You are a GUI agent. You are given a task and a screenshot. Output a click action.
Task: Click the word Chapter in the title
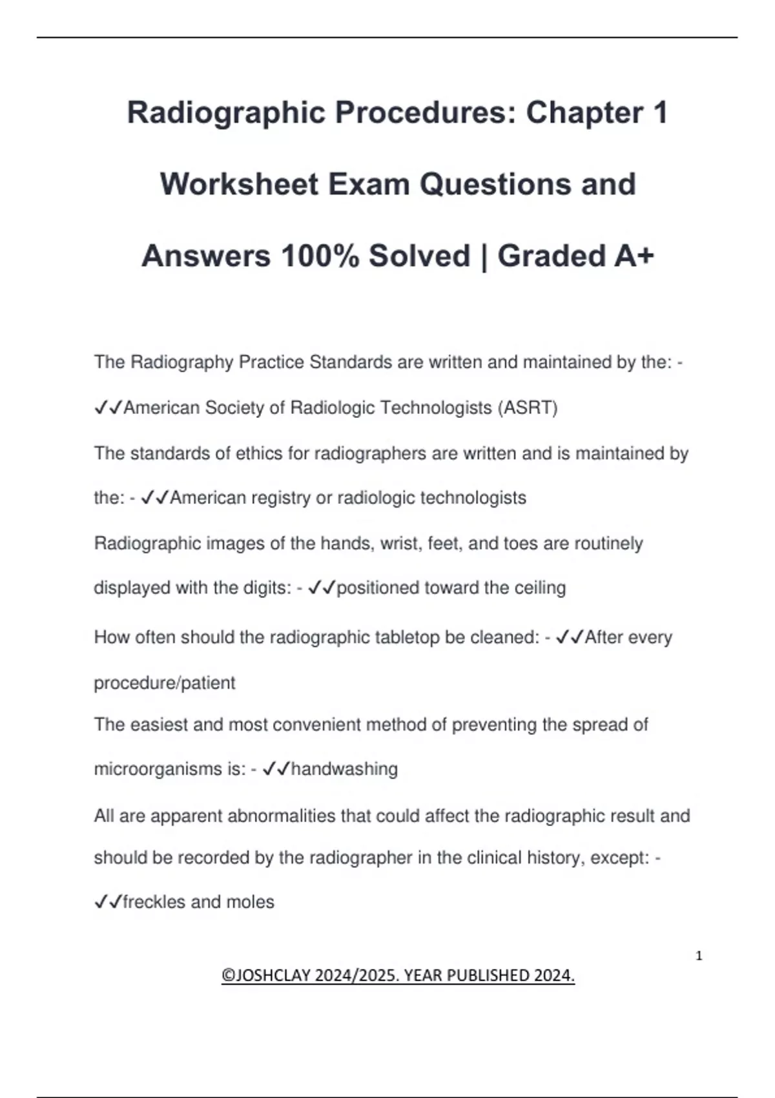tap(584, 113)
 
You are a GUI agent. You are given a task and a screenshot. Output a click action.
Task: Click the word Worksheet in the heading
tap(239, 185)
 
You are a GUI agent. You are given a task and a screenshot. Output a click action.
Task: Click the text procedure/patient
tap(165, 683)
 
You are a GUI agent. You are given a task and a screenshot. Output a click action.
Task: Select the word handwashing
tap(344, 769)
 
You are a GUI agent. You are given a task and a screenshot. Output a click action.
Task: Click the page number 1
tap(699, 956)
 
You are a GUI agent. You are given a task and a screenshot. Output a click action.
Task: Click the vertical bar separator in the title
tap(484, 256)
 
